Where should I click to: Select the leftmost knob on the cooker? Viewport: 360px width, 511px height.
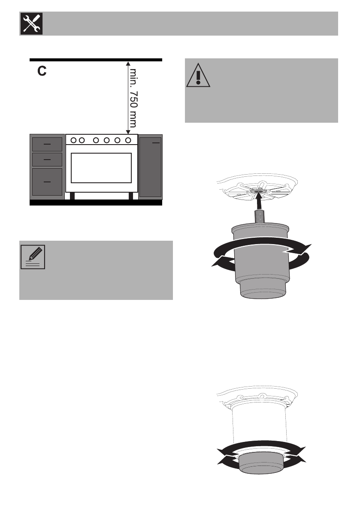pos(73,140)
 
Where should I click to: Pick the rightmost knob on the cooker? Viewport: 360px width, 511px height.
pos(128,140)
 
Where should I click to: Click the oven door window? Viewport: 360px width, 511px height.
pos(101,168)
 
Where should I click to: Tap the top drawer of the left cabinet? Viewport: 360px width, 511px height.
pos(47,145)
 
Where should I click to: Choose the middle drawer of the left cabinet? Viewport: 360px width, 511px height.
pos(47,160)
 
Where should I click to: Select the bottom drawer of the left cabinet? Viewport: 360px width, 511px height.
pos(47,182)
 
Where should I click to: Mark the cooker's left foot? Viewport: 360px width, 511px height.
pos(73,196)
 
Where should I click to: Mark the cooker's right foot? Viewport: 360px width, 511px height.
pos(130,196)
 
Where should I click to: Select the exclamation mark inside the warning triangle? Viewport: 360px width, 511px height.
pos(198,76)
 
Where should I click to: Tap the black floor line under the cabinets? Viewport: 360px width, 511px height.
pos(96,203)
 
